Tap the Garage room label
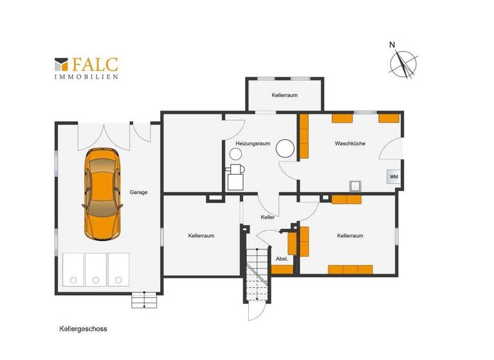pyautogui.click(x=139, y=192)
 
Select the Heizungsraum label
pyautogui.click(x=252, y=143)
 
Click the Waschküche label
pyautogui.click(x=350, y=143)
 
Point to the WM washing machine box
pyautogui.click(x=393, y=177)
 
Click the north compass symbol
pyautogui.click(x=404, y=64)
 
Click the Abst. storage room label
pyautogui.click(x=281, y=259)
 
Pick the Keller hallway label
pyautogui.click(x=268, y=217)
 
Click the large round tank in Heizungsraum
pyautogui.click(x=285, y=150)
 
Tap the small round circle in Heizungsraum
pyautogui.click(x=235, y=154)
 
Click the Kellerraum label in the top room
pyautogui.click(x=284, y=95)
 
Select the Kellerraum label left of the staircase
pyautogui.click(x=201, y=236)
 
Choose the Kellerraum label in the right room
pyautogui.click(x=350, y=236)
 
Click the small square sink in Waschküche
pyautogui.click(x=354, y=186)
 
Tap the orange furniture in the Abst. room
pyautogui.click(x=282, y=270)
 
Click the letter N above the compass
pyautogui.click(x=392, y=45)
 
